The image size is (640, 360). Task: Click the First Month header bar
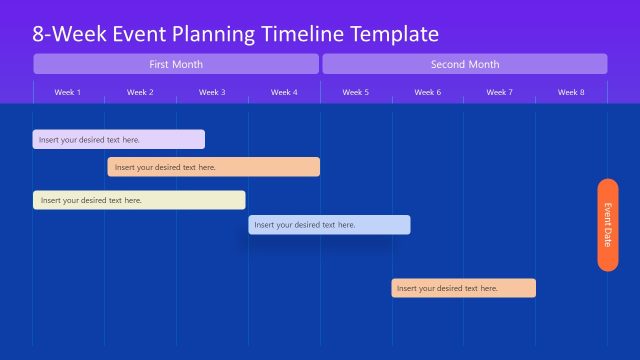(176, 64)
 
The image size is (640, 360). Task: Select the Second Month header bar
(464, 64)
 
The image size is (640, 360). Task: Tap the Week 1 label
(68, 92)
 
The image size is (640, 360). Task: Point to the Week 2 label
(140, 92)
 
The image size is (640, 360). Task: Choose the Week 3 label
(212, 92)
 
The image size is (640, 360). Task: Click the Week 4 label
(284, 92)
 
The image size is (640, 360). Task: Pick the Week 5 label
(355, 92)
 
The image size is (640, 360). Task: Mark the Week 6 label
(427, 92)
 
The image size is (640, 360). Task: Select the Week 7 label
(499, 92)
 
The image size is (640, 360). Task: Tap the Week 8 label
(571, 92)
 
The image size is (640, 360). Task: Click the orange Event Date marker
(607, 224)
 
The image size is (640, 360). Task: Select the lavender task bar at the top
(119, 140)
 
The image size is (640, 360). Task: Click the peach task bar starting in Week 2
(214, 167)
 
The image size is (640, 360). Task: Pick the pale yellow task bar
(139, 200)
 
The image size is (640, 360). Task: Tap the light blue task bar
(329, 225)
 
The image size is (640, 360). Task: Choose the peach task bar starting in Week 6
(463, 288)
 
